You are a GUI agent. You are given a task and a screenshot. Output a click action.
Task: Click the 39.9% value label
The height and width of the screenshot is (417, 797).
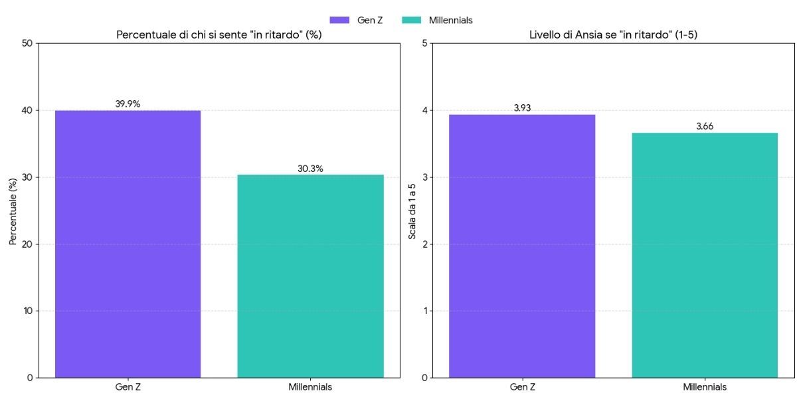[x=128, y=104]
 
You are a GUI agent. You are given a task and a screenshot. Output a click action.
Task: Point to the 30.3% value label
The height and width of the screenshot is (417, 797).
[x=310, y=169]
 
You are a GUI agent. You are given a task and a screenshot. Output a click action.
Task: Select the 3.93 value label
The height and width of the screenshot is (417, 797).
[x=522, y=108]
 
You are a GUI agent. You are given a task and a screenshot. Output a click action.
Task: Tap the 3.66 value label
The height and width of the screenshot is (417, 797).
[x=705, y=126]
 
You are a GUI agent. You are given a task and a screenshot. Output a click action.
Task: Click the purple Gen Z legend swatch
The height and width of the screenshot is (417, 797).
[x=339, y=20]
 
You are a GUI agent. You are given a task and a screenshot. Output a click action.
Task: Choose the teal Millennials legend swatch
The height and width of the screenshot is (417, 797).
[x=412, y=20]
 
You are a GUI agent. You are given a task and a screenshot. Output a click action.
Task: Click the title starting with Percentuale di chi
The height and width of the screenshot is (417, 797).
[x=219, y=35]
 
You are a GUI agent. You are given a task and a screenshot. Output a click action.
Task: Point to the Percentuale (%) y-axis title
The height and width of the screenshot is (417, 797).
[x=13, y=210]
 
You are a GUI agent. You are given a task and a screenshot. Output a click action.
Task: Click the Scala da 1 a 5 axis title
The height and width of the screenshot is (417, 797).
[x=412, y=210]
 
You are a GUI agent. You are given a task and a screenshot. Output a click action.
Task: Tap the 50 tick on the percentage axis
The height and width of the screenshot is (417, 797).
[x=27, y=44]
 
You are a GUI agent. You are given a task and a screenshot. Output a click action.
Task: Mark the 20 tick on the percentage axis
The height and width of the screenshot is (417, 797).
[x=27, y=244]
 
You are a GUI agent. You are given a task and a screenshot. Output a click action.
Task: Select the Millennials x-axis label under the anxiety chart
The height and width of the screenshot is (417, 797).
[x=705, y=387]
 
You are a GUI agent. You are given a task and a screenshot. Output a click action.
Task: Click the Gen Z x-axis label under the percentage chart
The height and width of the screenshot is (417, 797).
[x=128, y=387]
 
